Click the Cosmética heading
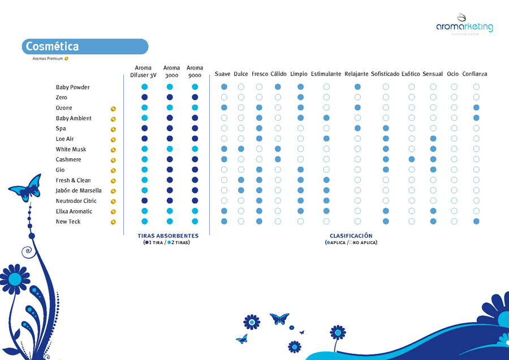pyautogui.click(x=52, y=46)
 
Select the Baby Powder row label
pyautogui.click(x=72, y=88)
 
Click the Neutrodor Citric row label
pyautogui.click(x=76, y=201)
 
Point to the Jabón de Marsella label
pyautogui.click(x=78, y=190)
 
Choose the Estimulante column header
pyautogui.click(x=326, y=74)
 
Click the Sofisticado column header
pyautogui.click(x=385, y=74)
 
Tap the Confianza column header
pyautogui.click(x=475, y=74)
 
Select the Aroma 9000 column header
pyautogui.click(x=195, y=71)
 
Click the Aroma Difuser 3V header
pyautogui.click(x=143, y=71)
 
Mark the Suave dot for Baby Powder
pyautogui.click(x=224, y=87)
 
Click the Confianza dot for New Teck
pyautogui.click(x=476, y=221)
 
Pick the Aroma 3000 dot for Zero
pyautogui.click(x=170, y=98)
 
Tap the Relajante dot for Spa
pyautogui.click(x=357, y=128)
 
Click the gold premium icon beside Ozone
pyautogui.click(x=113, y=108)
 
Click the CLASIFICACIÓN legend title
pyautogui.click(x=351, y=236)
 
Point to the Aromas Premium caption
pyautogui.click(x=48, y=58)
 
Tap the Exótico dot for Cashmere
pyautogui.click(x=411, y=159)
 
